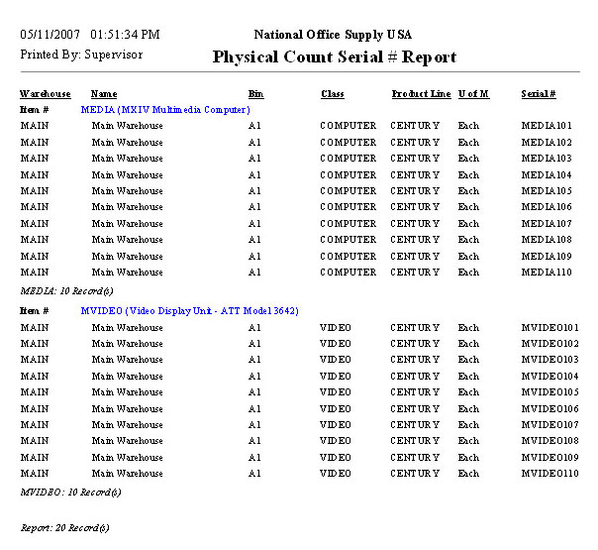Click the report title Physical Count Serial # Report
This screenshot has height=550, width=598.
[335, 57]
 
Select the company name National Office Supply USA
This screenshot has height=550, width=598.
[333, 35]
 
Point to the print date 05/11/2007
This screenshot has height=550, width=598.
[50, 35]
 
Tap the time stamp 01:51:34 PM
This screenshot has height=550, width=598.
[124, 35]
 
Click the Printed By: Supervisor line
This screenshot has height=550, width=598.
[81, 55]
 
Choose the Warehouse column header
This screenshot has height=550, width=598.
[46, 94]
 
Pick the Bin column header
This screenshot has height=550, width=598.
[255, 94]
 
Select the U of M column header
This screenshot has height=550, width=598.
[473, 94]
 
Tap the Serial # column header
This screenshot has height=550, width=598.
[538, 94]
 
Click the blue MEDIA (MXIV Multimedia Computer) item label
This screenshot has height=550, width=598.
[164, 109]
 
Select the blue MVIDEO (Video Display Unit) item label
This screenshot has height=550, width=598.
[188, 311]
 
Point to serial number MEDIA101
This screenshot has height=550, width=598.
[547, 126]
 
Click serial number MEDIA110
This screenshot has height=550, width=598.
[547, 272]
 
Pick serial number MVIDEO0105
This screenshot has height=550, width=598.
[549, 392]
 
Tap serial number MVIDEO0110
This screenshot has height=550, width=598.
[549, 474]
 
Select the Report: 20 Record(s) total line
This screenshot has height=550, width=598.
[65, 528]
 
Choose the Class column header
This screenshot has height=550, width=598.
[333, 94]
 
